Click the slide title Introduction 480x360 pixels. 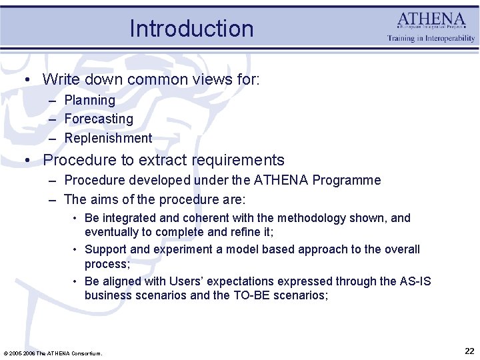pyautogui.click(x=191, y=29)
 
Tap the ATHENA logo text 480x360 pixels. pyautogui.click(x=431, y=20)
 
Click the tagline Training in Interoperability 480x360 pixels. pyautogui.click(x=431, y=39)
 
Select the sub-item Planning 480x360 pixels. pyautogui.click(x=89, y=100)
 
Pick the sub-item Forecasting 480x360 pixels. pyautogui.click(x=99, y=119)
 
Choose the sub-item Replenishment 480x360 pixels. pyautogui.click(x=108, y=138)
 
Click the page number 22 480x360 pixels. pyautogui.click(x=469, y=351)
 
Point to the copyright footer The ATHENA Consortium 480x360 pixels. pyautogui.click(x=53, y=353)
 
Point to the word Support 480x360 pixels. pyautogui.click(x=105, y=249)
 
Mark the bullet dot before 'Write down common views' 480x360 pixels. pyautogui.click(x=27, y=79)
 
